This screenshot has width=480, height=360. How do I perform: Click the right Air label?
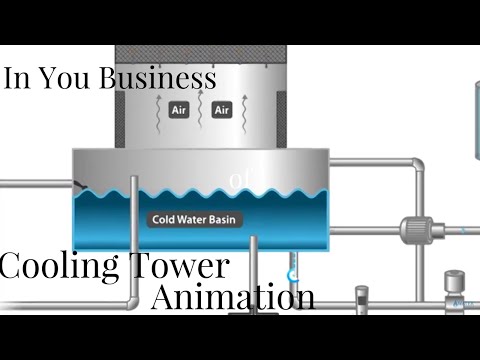point(221,110)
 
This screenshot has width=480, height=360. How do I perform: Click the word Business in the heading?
point(158,79)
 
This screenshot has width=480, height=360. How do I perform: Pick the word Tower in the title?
point(178,267)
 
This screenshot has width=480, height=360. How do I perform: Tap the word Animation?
point(233,297)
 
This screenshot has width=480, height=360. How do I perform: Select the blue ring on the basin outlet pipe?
point(293,273)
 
